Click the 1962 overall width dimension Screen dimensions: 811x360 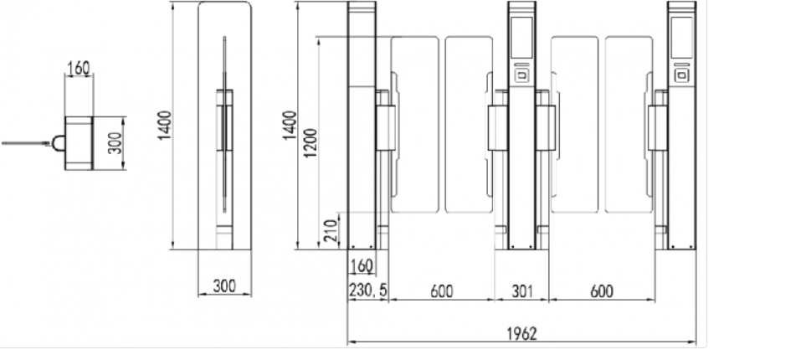pos(521,333)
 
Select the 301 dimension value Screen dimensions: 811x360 pos(522,291)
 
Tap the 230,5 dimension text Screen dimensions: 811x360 pos(368,291)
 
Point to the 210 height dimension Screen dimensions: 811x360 pos(332,230)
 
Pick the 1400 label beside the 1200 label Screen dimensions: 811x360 pos(290,126)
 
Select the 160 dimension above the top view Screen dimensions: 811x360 pos(79,68)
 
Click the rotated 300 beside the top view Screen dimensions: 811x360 pos(116,143)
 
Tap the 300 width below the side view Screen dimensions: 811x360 pos(224,286)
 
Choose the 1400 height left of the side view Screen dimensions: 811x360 pos(165,126)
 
